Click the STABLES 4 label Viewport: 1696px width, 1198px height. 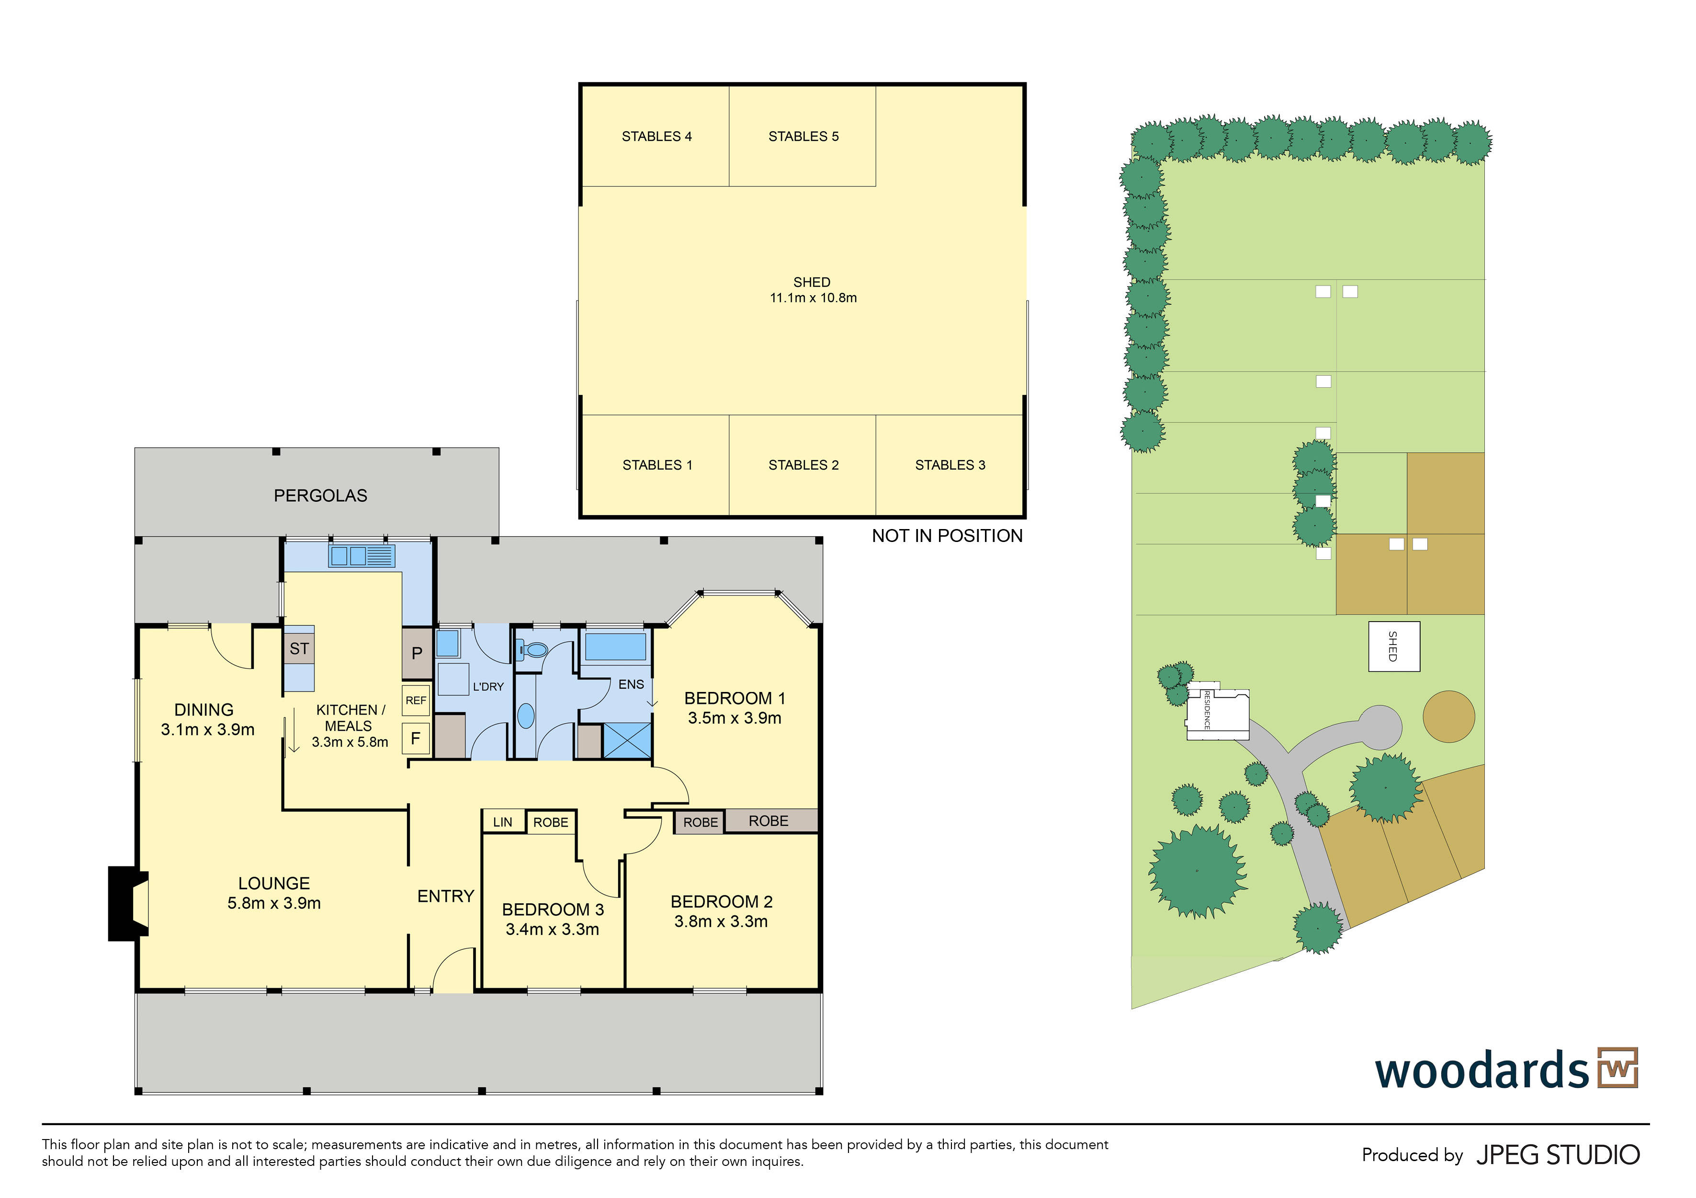point(656,137)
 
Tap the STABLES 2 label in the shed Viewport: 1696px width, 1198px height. point(803,465)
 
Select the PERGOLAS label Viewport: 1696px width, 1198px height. point(321,496)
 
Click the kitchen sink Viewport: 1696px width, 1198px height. point(362,556)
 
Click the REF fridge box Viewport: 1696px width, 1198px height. point(416,701)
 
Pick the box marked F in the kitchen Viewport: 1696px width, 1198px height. point(416,738)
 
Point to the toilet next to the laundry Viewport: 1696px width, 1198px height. point(532,650)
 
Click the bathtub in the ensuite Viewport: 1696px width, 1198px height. point(615,646)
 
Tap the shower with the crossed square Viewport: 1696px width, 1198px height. point(627,740)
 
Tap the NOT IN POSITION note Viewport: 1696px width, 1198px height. point(947,537)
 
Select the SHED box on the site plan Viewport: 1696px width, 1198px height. point(1394,646)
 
